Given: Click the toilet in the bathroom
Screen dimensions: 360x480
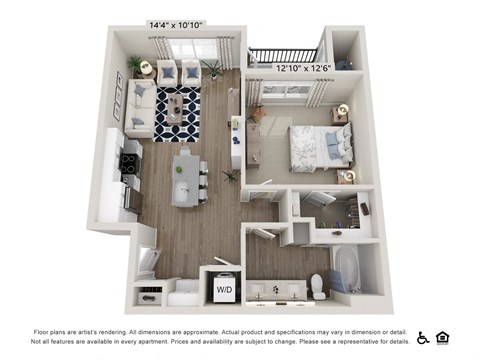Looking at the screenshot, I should pos(319,285).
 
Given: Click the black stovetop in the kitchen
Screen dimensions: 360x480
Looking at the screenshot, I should pos(129,161).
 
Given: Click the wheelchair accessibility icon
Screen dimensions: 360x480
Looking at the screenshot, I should pos(423,338).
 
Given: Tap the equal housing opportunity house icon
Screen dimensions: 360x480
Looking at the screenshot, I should pos(442,338).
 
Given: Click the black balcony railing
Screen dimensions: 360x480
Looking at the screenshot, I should pos(284,56).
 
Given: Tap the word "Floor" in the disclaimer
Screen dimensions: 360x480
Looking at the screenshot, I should pos(44,331).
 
